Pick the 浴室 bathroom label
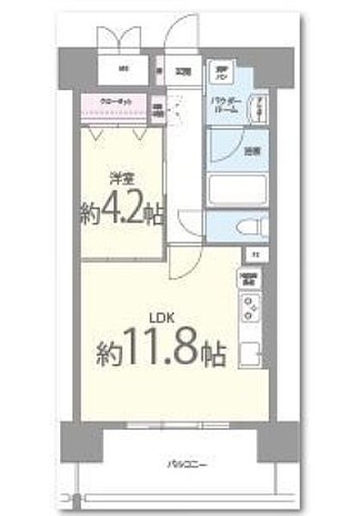(250, 151)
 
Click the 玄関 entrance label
(185, 71)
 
